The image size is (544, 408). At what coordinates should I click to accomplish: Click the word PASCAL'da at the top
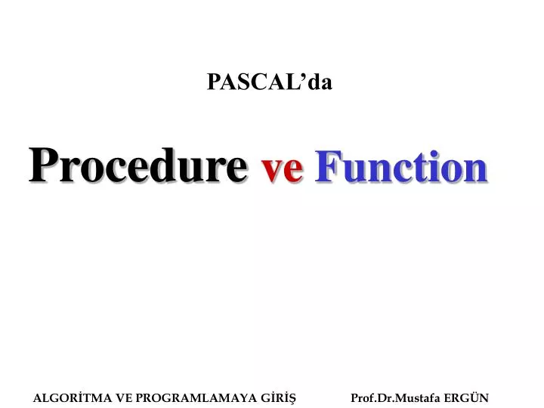coord(270,82)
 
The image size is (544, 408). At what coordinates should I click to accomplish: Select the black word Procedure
coord(138,166)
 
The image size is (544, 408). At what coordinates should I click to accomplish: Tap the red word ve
coord(283,169)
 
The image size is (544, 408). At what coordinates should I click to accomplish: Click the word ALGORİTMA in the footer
coord(72,397)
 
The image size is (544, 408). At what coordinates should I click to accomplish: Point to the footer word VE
coord(123,397)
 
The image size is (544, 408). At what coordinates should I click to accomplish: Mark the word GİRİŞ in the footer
coord(277,397)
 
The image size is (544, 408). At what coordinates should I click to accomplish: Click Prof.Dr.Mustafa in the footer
coord(396,397)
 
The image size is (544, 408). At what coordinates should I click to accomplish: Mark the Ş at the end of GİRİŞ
coord(292,397)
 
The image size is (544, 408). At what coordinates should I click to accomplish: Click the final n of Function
coord(475,170)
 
